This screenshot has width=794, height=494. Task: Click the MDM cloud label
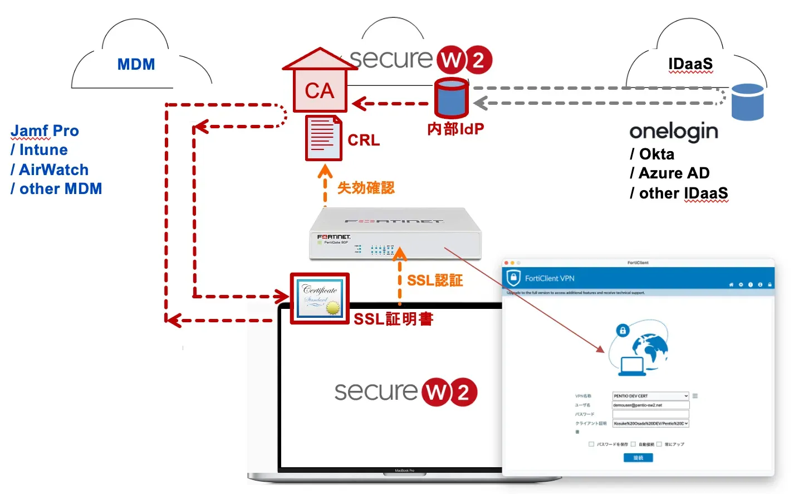tap(136, 64)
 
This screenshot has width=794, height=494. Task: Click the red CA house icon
tap(320, 84)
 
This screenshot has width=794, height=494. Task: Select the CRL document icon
tap(323, 138)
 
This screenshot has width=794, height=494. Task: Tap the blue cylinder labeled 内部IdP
tap(452, 98)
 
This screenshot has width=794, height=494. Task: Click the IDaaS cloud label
tap(690, 64)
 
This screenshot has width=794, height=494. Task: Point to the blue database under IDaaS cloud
tap(747, 102)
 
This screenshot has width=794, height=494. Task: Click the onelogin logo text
tap(674, 132)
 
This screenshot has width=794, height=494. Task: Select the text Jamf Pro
tap(45, 131)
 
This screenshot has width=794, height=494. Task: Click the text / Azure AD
tap(669, 173)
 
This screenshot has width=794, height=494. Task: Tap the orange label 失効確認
tap(366, 188)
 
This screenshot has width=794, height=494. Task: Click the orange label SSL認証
tap(435, 280)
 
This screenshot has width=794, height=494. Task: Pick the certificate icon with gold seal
tap(320, 298)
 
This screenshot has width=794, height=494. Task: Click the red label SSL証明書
tap(393, 319)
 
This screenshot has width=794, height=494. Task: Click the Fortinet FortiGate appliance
tap(395, 234)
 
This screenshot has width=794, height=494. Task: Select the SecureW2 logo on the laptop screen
tap(405, 392)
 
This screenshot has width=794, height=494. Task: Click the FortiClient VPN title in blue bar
tap(549, 278)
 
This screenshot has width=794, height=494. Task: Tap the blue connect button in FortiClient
tap(638, 458)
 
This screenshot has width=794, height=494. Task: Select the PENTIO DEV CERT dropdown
tap(650, 396)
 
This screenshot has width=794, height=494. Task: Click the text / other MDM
tap(56, 189)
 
